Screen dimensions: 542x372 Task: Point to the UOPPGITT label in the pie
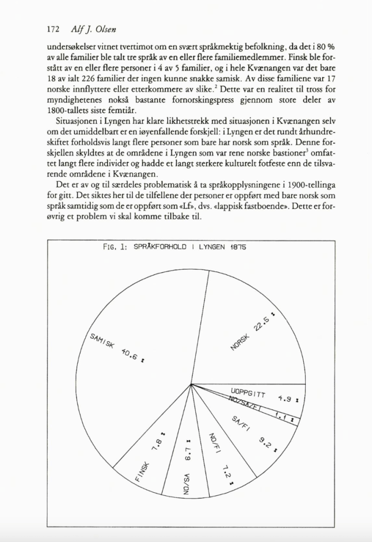tap(248, 394)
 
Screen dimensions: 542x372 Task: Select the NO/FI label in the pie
tap(213, 443)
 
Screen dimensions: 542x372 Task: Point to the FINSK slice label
tap(142, 472)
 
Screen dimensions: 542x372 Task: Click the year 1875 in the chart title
tap(239, 247)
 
